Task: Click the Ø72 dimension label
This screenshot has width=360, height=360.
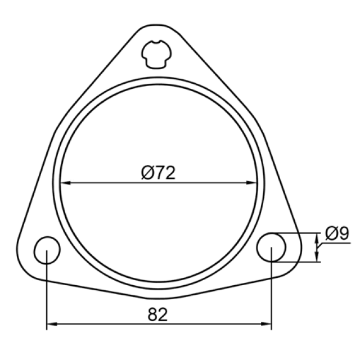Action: click(158, 173)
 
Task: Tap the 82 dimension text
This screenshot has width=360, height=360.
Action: click(157, 314)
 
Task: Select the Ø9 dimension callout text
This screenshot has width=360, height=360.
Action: click(337, 233)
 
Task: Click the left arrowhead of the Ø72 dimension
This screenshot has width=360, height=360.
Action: click(65, 183)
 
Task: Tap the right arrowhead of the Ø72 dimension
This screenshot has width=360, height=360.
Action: click(251, 183)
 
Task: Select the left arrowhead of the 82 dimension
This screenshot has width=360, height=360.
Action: click(52, 324)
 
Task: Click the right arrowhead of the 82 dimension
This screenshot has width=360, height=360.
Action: click(266, 324)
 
